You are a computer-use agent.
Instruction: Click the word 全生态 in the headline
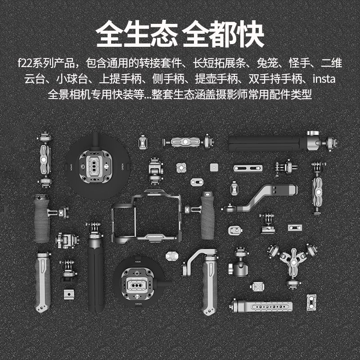click(x=137, y=34)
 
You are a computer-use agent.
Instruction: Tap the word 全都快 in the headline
click(x=223, y=34)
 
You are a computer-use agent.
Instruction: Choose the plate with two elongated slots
click(x=248, y=168)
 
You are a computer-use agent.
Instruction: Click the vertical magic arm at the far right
click(x=317, y=189)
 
